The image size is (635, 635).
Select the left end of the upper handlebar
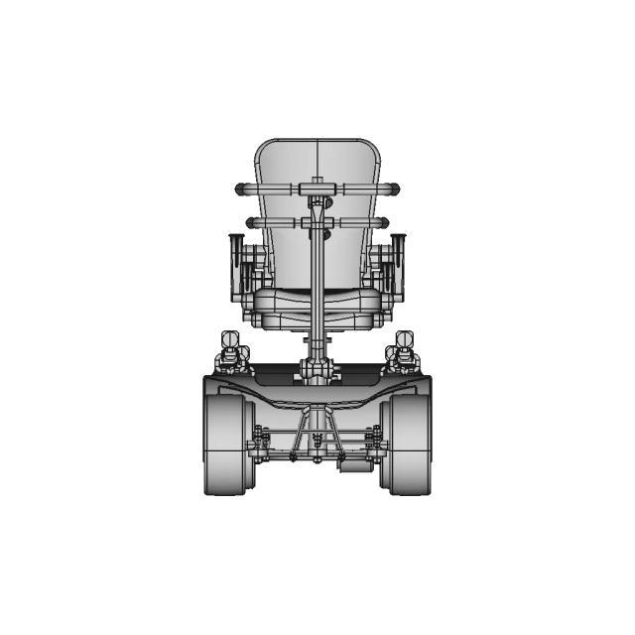(x=240, y=189)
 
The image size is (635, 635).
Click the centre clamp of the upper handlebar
(x=317, y=186)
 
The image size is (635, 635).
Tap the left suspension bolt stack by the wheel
(x=260, y=443)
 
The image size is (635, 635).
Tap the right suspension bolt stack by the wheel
(x=375, y=443)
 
